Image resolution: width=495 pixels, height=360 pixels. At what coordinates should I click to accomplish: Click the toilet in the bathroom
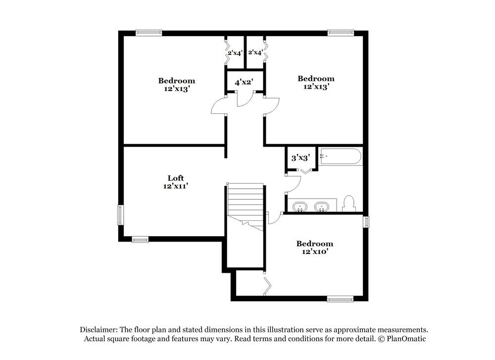coord(349,204)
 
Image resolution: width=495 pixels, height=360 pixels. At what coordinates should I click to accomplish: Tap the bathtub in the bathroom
coord(341,157)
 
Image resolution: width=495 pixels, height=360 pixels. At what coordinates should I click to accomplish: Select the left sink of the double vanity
coord(300,206)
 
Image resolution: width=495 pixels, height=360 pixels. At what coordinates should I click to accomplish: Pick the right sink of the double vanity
coord(322,206)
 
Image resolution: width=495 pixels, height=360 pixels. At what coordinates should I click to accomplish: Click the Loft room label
coord(176,178)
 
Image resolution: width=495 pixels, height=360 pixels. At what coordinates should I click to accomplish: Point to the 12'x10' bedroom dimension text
coord(314,252)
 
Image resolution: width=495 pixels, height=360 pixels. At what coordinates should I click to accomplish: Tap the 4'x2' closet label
coord(244,82)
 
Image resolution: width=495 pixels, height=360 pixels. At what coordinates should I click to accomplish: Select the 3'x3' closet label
coord(300,158)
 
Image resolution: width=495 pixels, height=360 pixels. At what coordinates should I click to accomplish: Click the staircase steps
coord(245,201)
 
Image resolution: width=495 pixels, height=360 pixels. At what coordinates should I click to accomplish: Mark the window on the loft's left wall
coord(120,215)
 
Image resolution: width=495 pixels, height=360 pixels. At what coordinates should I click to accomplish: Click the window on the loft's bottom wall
coord(140,240)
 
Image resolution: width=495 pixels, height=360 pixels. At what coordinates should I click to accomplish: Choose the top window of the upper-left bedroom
coord(149,33)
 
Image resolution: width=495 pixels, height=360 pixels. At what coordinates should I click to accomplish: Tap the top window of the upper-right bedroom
coord(341,33)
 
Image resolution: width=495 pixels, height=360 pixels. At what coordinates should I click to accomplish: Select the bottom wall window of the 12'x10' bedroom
coord(340,299)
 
